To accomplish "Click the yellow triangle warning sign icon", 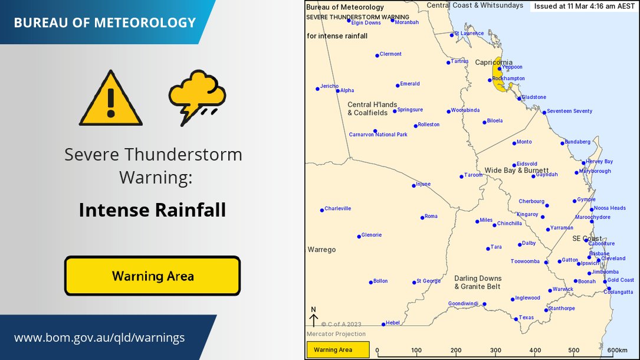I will coord(111,100).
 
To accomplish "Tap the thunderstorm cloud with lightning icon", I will coord(197,97).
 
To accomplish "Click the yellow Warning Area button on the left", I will coord(153,276).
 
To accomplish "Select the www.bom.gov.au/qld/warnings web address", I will coord(99,338).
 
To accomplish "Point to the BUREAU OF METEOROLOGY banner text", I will coord(104,23).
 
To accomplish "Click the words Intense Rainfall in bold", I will coord(153,210).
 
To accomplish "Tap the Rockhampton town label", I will coord(509,78).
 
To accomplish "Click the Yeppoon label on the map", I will coord(512,67).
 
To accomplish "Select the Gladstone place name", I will coord(534,97).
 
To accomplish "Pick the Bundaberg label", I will coord(577,142).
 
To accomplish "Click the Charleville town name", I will coord(338,208).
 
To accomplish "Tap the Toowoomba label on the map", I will coord(525,261).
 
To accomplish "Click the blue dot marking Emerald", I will coord(398,86).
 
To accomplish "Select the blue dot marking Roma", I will coord(422,217).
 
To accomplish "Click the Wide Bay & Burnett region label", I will coord(516,171).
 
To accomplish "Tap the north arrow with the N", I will coord(314,317).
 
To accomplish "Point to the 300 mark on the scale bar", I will coord(496,351).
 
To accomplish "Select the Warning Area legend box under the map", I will coord(338,350).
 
